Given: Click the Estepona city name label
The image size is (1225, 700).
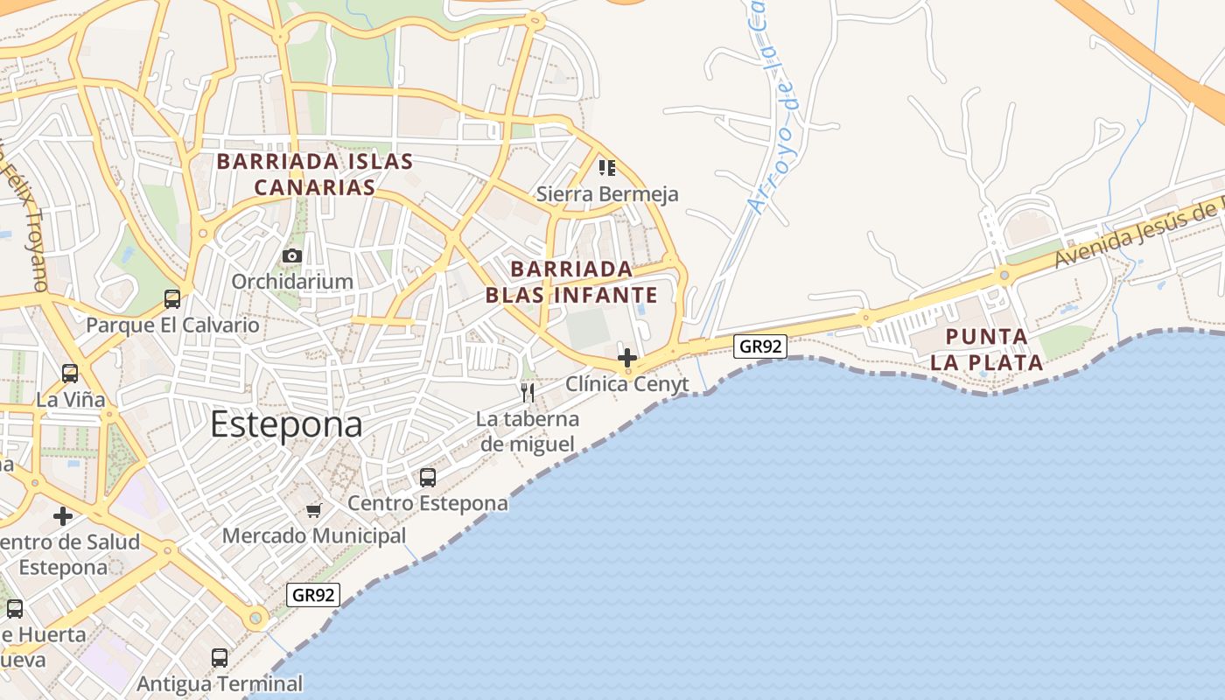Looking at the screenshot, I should pyautogui.click(x=286, y=424).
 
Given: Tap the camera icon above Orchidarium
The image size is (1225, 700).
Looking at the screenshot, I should pyautogui.click(x=292, y=256).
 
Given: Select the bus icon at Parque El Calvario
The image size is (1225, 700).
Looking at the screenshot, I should pyautogui.click(x=172, y=299).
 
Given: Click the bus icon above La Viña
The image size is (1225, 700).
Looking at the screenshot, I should pyautogui.click(x=70, y=374).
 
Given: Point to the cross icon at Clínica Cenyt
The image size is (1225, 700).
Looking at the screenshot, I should pyautogui.click(x=627, y=358).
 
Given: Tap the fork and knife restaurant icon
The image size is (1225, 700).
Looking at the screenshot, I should pyautogui.click(x=528, y=392).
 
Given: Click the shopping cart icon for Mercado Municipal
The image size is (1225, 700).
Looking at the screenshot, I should pyautogui.click(x=314, y=510).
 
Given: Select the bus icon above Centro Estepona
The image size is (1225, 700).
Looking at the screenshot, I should pyautogui.click(x=428, y=478).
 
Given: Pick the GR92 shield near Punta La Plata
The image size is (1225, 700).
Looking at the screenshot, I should pyautogui.click(x=759, y=346).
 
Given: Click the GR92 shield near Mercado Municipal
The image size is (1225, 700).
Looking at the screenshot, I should pyautogui.click(x=313, y=596).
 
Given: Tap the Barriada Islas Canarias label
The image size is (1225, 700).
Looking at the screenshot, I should pyautogui.click(x=315, y=174).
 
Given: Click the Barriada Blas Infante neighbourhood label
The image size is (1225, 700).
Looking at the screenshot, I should pyautogui.click(x=571, y=282).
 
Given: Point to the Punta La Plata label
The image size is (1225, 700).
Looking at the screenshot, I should pyautogui.click(x=987, y=349).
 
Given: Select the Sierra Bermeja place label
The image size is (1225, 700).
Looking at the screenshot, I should pyautogui.click(x=607, y=194).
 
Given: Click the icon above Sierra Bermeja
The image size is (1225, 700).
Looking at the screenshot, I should pyautogui.click(x=606, y=167).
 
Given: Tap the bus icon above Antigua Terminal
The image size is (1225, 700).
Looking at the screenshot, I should pyautogui.click(x=220, y=658).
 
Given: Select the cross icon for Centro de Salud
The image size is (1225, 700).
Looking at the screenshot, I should pyautogui.click(x=63, y=516).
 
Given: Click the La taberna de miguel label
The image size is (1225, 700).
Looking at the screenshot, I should pyautogui.click(x=528, y=431).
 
